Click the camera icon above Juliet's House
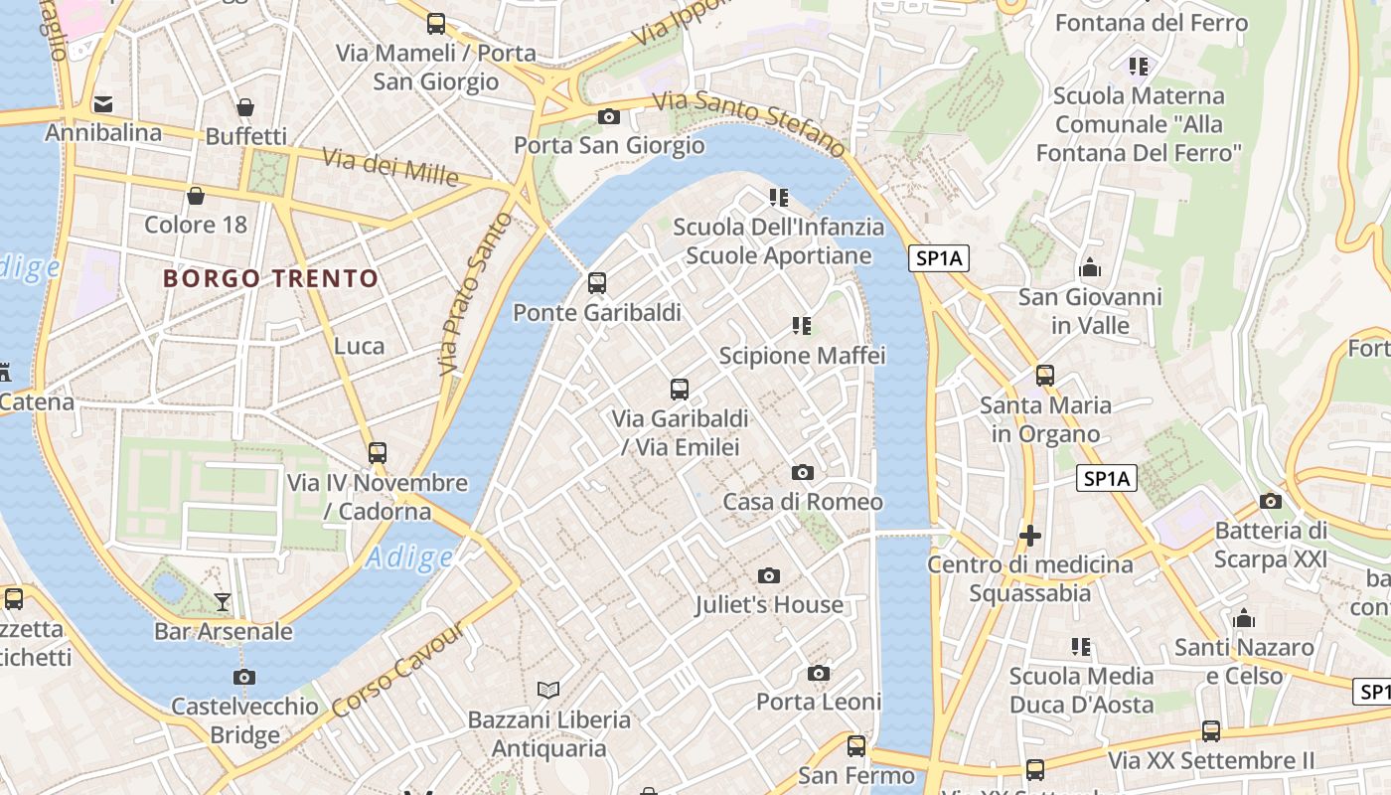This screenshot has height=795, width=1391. coord(768,575)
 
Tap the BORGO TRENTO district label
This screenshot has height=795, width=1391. coord(271,278)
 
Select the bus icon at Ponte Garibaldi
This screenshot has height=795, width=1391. coord(597,283)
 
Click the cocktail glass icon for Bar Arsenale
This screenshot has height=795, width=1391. coord(223,601)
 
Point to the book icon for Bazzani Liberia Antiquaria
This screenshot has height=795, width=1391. coord(548,689)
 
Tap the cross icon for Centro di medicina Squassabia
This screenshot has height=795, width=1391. coord(1030,536)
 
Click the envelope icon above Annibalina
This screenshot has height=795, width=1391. coord(103,104)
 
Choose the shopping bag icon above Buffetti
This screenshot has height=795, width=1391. coord(245,107)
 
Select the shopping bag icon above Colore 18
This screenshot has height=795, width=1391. coord(196,196)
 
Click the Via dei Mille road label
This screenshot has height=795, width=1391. coord(390,167)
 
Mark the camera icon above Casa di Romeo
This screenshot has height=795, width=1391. coord(803,473)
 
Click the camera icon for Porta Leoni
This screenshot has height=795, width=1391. coord(819,674)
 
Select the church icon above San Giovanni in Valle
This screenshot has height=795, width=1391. coord(1090,268)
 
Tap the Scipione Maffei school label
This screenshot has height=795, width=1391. coord(802,356)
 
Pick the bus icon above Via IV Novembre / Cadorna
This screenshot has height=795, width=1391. coord(378,453)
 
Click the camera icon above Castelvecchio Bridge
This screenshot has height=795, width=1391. coord(244,678)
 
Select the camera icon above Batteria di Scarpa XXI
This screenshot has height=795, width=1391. coord(1271,502)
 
